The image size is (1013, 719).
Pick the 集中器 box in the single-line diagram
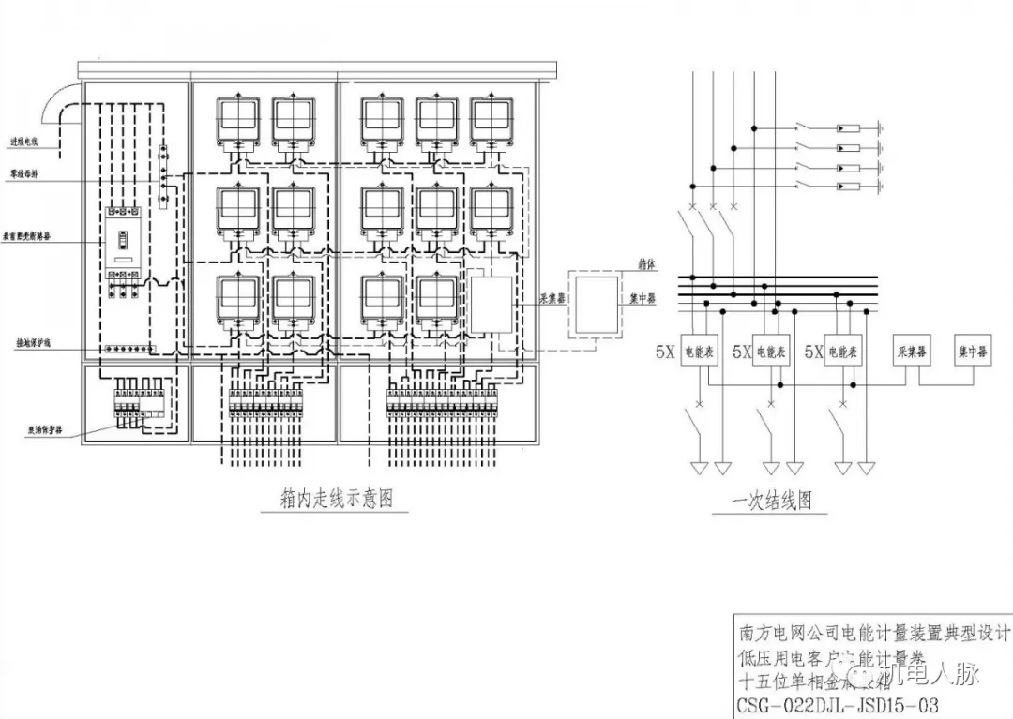[x=972, y=352]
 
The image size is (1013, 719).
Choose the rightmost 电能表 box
[x=842, y=352]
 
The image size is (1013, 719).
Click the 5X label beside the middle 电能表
[x=741, y=352]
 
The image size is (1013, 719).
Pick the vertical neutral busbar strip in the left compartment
[x=162, y=177]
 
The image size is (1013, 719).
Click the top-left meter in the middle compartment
[x=238, y=120]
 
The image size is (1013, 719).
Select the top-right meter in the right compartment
[x=493, y=120]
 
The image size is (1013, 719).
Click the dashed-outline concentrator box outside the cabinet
[x=597, y=305]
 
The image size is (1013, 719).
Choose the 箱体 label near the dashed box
[x=645, y=265]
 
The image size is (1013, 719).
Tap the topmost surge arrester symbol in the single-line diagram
[x=848, y=127]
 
